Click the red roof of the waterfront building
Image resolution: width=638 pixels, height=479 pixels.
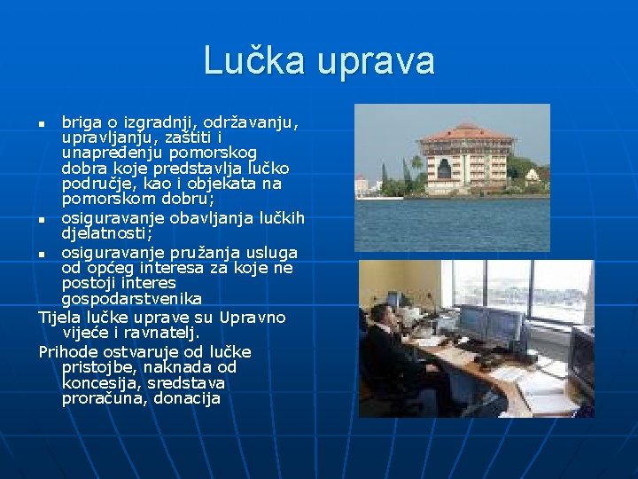[x=467, y=133]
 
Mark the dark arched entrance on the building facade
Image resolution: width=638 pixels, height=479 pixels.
[x=444, y=169]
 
